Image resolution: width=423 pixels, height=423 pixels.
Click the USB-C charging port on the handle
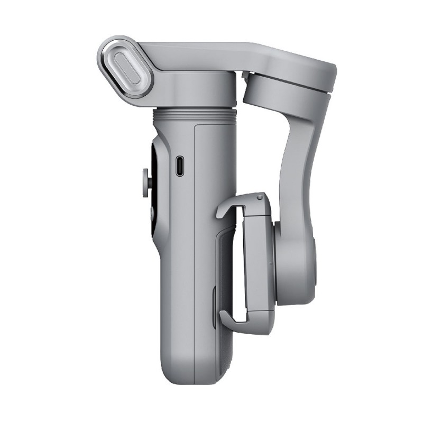pos(180,166)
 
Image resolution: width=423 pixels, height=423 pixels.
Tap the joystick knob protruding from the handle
pos(145,181)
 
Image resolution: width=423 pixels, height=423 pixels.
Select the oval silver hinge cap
pos(126,67)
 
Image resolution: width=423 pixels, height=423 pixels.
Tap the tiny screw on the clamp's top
pos(259,198)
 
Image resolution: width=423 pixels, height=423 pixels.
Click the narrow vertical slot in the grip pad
pos(214,307)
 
